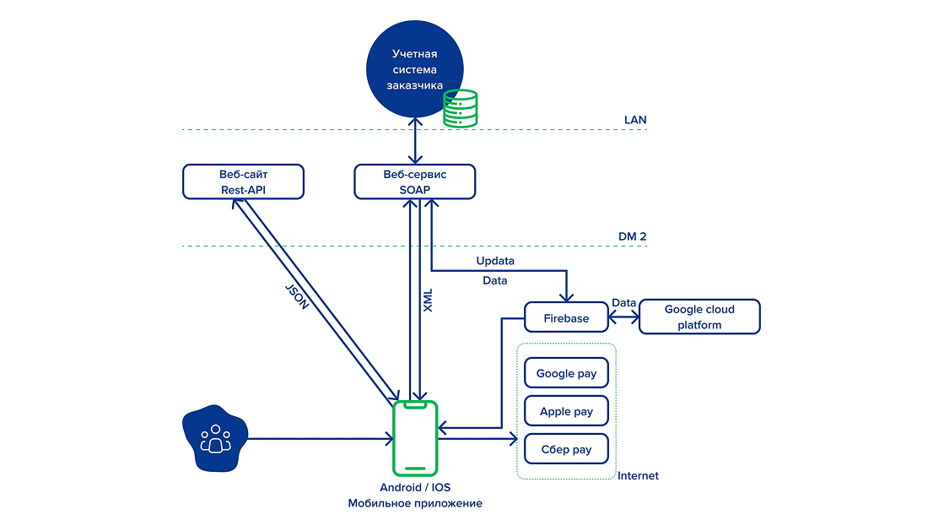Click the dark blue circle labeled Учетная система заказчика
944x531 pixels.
pyautogui.click(x=415, y=68)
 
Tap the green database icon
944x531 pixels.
pyautogui.click(x=461, y=109)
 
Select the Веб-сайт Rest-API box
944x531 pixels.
pyautogui.click(x=243, y=182)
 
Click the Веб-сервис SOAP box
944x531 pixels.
pyautogui.click(x=415, y=182)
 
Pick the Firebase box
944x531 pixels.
pyautogui.click(x=567, y=317)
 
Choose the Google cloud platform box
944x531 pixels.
pyautogui.click(x=699, y=317)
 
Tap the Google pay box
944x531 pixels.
pyautogui.click(x=567, y=373)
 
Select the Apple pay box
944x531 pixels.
pyautogui.click(x=567, y=411)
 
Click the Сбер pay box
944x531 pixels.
pyautogui.click(x=567, y=449)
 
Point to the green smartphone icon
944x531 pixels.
pyautogui.click(x=415, y=438)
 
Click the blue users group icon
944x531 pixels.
pyautogui.click(x=215, y=438)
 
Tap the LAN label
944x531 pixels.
pyautogui.click(x=635, y=120)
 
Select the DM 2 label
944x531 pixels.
pyautogui.click(x=632, y=236)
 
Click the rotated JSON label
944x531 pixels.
pyautogui.click(x=297, y=296)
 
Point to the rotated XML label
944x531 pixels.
pyautogui.click(x=428, y=301)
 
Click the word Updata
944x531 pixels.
pyautogui.click(x=495, y=261)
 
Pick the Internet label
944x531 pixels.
pyautogui.click(x=638, y=475)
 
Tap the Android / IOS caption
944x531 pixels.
pyautogui.click(x=415, y=487)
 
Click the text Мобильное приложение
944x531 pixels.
pyautogui.click(x=415, y=503)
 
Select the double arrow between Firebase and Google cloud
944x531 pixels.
pyautogui.click(x=623, y=317)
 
